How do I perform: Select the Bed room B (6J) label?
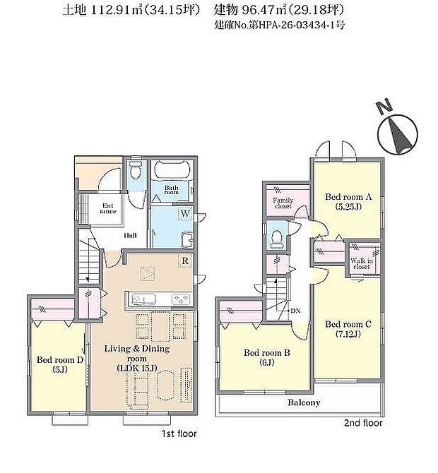coord(264,358)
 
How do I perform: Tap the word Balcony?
coord(304,403)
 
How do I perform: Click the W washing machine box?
coord(184,214)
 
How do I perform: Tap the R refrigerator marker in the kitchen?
coord(184,261)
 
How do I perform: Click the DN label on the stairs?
coord(295,311)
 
